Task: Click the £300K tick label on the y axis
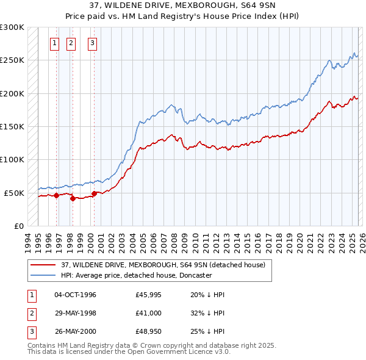(12, 27)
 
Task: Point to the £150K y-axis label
(12, 126)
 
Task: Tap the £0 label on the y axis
(18, 226)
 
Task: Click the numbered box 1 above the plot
(55, 43)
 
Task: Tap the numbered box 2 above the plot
(71, 43)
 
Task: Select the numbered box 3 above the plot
(92, 43)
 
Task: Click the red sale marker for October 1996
(56, 195)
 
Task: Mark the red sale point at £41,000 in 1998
(73, 198)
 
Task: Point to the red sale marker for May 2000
(94, 193)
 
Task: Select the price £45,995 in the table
(149, 295)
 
